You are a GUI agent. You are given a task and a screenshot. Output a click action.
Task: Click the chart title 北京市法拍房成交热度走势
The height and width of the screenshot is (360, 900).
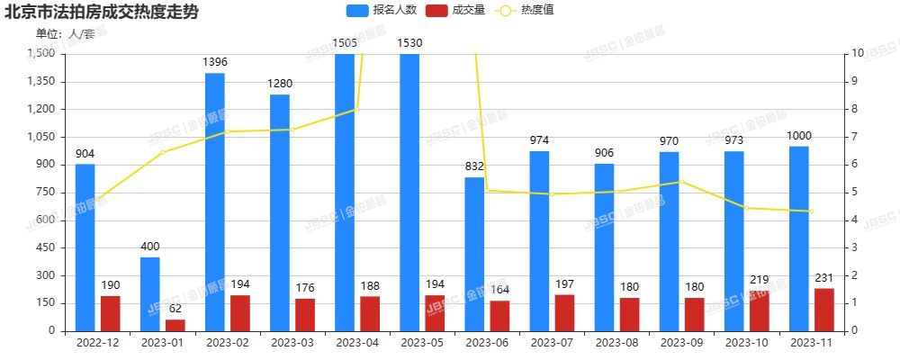(x=102, y=13)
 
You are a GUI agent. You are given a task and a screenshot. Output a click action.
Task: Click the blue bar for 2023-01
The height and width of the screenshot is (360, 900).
(x=149, y=294)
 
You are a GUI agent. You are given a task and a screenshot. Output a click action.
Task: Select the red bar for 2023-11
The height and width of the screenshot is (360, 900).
(x=823, y=310)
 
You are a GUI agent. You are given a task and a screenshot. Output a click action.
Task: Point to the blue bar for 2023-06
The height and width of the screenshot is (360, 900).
(x=474, y=254)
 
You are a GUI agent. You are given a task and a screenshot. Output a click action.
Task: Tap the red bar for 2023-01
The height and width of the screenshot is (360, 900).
(x=175, y=325)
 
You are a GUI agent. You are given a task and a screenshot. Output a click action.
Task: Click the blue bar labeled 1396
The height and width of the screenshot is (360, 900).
(x=214, y=202)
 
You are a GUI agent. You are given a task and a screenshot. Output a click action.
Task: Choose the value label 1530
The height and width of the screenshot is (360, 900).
(x=409, y=43)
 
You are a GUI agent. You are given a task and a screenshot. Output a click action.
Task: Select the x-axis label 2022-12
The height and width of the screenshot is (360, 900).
(x=97, y=343)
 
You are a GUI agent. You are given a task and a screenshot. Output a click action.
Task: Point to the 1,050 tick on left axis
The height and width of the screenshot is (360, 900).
(x=40, y=137)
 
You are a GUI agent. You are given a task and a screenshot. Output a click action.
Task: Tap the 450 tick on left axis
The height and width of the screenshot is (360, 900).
(x=43, y=247)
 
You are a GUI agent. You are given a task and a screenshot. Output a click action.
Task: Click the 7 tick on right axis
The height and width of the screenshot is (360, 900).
(x=859, y=137)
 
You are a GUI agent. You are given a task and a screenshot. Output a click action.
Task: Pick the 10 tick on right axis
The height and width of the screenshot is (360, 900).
(x=860, y=53)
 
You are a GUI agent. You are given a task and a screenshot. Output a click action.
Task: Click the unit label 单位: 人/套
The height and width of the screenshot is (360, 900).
(x=65, y=33)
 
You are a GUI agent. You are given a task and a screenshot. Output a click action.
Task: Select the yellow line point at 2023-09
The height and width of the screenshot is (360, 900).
(x=681, y=182)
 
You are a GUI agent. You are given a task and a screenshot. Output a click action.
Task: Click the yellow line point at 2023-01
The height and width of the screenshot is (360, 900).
(x=162, y=152)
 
